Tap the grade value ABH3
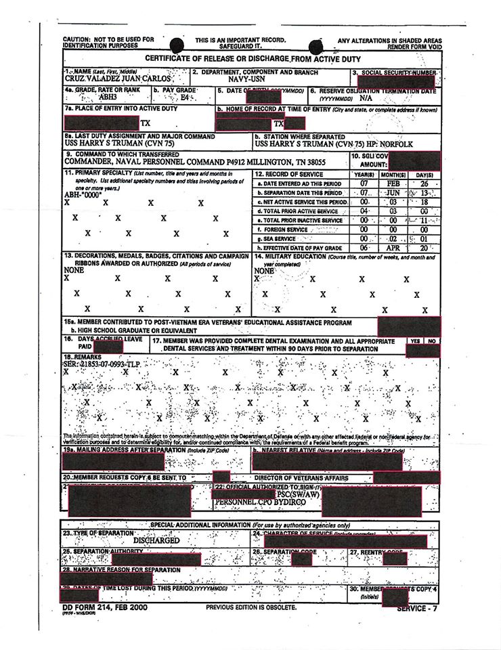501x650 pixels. click(x=90, y=97)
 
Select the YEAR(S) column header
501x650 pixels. click(x=364, y=174)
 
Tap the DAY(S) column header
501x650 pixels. click(x=424, y=174)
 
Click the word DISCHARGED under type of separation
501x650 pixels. click(x=156, y=540)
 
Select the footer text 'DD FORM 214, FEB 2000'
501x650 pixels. click(x=104, y=607)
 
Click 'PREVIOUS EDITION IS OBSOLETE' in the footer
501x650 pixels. click(x=251, y=607)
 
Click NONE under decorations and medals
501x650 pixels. click(x=73, y=269)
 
